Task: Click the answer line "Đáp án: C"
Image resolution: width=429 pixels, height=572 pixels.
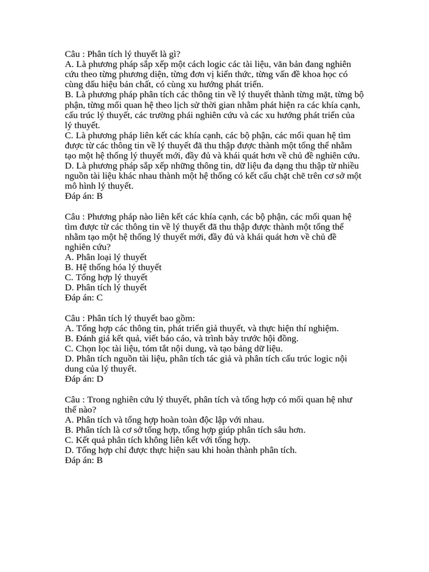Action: tap(84, 298)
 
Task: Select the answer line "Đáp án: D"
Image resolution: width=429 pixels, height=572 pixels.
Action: tap(84, 379)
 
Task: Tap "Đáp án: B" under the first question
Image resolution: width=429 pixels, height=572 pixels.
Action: tap(84, 196)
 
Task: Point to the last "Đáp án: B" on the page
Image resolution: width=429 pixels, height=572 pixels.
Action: tap(84, 461)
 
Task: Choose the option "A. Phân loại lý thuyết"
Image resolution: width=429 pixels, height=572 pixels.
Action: tap(106, 257)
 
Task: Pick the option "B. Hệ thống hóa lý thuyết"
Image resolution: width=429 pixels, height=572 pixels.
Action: tap(113, 267)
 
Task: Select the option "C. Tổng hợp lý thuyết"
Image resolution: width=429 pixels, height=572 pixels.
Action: tap(106, 278)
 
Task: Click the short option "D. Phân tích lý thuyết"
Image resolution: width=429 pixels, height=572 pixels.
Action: tap(106, 288)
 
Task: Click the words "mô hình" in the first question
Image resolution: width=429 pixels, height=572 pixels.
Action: tap(80, 186)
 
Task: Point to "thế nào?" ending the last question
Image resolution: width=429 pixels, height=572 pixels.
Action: tap(80, 410)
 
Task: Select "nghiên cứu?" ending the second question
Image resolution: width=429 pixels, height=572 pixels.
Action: tap(88, 247)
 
